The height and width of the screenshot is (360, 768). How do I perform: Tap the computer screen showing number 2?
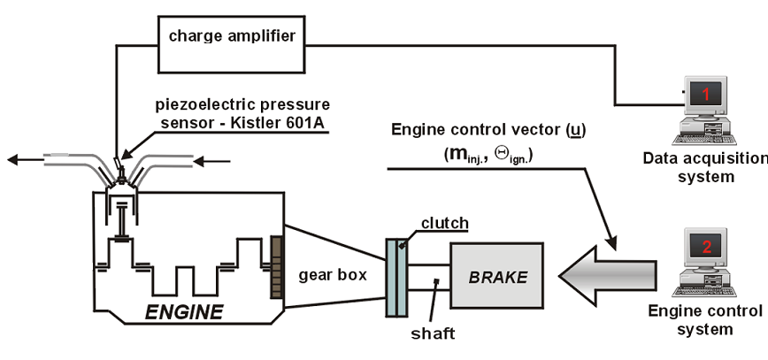point(706,249)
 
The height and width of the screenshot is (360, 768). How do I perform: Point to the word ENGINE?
point(185,311)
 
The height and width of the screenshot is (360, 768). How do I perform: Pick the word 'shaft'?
point(434,333)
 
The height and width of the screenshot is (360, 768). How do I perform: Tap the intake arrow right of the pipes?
point(213,161)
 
